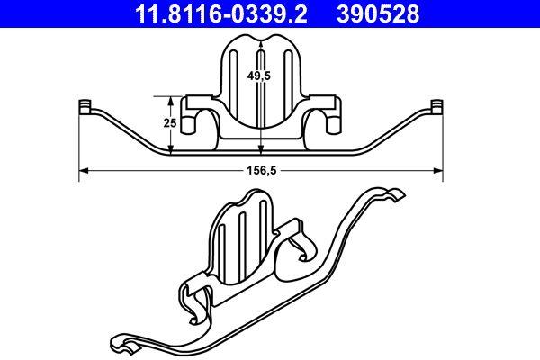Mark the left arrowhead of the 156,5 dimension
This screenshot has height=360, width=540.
point(83,168)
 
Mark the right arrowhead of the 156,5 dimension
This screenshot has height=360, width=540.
point(441,168)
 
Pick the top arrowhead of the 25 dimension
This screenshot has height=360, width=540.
point(172,96)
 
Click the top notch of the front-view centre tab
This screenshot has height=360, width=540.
point(260,36)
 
